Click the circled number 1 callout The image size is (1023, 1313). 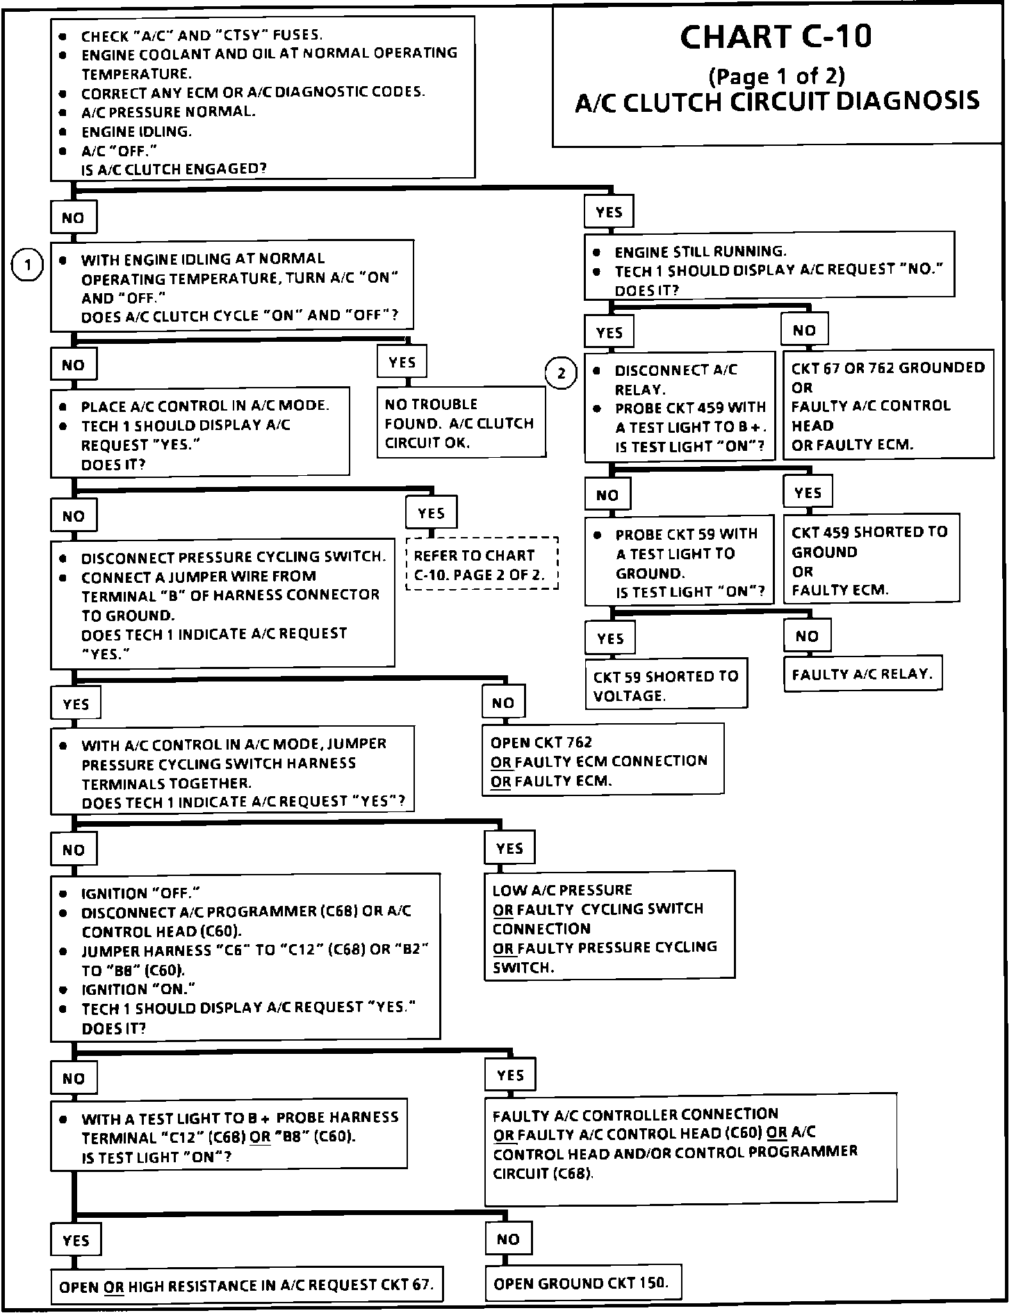[x=28, y=265]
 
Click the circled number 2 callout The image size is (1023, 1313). [x=562, y=374]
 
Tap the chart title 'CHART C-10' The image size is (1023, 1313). [x=776, y=37]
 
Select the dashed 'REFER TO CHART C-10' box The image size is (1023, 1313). [x=482, y=564]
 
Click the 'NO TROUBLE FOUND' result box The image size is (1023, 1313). [x=461, y=422]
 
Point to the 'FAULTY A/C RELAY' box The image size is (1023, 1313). [x=862, y=673]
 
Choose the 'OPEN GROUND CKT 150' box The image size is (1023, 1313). [x=582, y=1283]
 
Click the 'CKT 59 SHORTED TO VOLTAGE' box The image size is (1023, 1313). [x=666, y=685]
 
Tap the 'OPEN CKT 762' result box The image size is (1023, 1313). [x=603, y=760]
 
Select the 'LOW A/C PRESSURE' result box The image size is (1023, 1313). [x=609, y=927]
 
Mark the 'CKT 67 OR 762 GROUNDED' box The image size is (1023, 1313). [x=888, y=406]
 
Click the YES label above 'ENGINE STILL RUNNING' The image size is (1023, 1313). [x=609, y=213]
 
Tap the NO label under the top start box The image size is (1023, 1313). [x=73, y=218]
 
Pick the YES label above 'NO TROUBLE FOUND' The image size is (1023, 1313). [x=402, y=362]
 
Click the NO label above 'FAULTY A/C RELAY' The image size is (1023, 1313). [x=807, y=636]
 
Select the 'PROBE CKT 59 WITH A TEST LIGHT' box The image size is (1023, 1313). [x=679, y=561]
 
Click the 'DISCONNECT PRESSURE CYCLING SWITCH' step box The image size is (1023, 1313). [x=222, y=603]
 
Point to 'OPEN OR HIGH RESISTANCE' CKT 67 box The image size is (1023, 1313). [x=247, y=1286]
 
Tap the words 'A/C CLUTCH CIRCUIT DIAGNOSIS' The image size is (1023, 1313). [x=777, y=101]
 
